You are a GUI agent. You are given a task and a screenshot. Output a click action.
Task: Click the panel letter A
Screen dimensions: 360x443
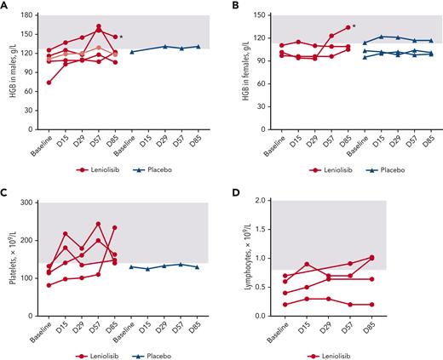tap(4, 6)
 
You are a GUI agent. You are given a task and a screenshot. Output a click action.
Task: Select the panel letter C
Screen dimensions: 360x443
tap(4, 193)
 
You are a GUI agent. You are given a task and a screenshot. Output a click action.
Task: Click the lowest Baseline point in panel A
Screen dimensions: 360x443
tap(49, 83)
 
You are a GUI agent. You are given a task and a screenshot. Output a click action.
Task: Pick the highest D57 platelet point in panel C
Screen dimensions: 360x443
tap(98, 224)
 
